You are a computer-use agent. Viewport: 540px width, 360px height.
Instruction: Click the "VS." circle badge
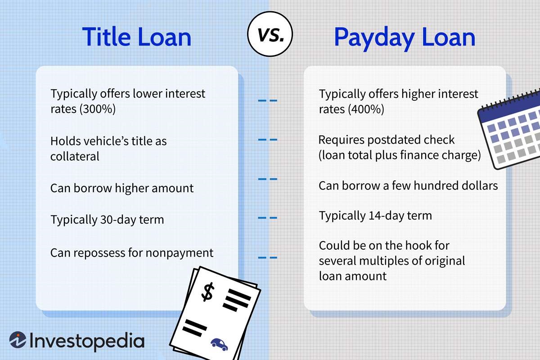(x=270, y=34)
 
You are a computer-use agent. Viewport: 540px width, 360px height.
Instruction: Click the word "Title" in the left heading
(x=106, y=36)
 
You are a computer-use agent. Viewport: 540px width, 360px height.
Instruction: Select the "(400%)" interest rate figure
(x=366, y=109)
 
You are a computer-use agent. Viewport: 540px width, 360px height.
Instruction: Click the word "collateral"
(x=75, y=157)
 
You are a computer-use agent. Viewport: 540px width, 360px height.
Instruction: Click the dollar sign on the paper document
(x=207, y=292)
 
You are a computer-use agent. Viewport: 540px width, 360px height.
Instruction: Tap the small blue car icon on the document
(x=219, y=344)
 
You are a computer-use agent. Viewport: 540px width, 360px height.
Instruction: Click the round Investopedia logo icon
(x=18, y=340)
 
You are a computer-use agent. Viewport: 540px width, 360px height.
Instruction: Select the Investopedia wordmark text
(x=87, y=341)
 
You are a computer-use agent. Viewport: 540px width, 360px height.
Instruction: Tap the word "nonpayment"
(x=180, y=253)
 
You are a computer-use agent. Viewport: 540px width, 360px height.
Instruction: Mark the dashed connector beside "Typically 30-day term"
(x=268, y=218)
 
